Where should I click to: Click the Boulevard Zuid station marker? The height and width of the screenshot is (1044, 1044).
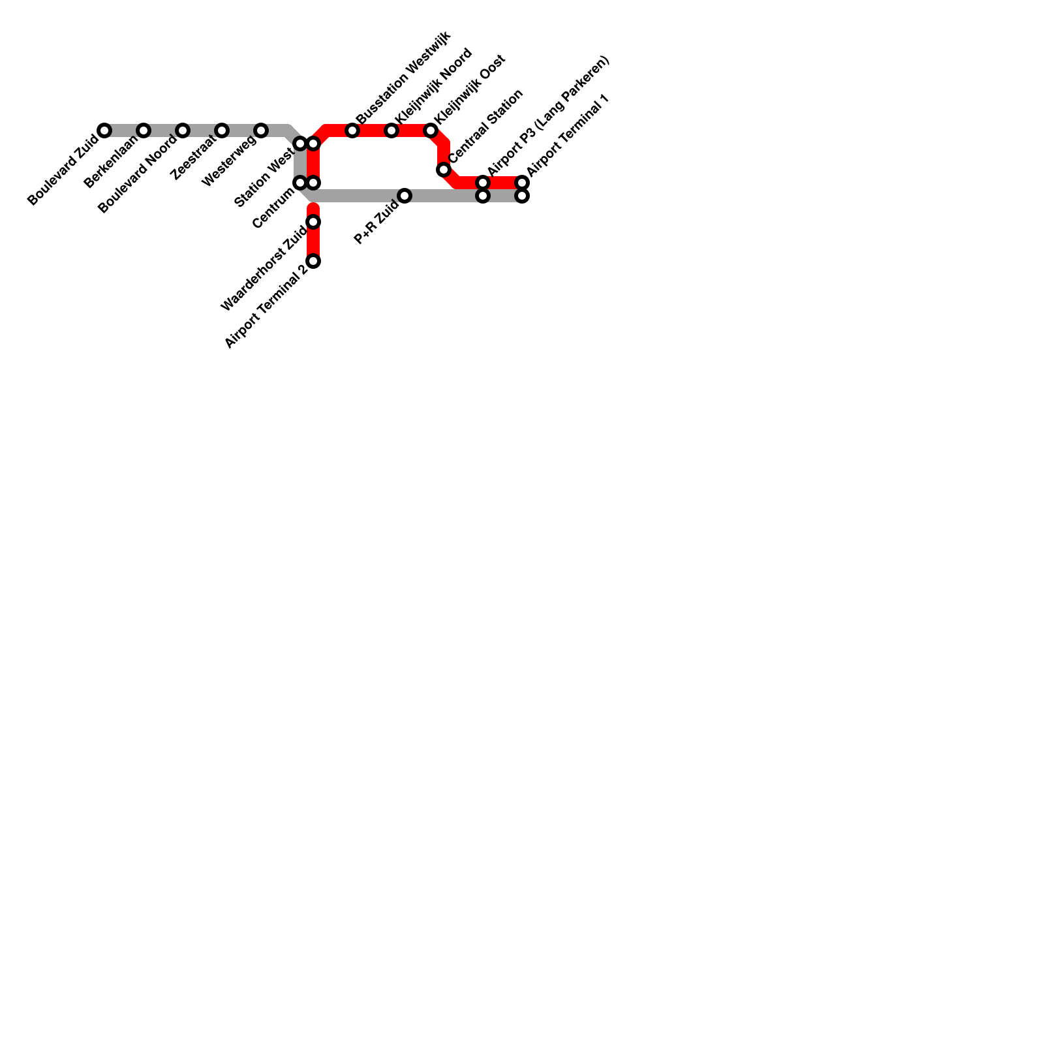104,130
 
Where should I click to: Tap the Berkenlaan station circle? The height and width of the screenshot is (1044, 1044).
144,130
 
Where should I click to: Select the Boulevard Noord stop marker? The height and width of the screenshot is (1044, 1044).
183,130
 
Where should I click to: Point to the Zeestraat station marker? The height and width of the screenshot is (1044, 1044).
222,130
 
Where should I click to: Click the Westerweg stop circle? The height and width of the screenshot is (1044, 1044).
261,130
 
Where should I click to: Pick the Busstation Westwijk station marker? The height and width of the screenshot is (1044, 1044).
352,130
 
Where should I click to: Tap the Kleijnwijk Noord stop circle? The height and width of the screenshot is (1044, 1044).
391,130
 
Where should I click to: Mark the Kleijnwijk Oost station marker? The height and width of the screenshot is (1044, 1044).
431,130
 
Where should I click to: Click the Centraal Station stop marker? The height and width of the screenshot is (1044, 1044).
444,170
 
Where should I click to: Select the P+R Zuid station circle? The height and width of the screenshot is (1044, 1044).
405,196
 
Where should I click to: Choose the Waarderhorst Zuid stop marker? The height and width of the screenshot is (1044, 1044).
313,222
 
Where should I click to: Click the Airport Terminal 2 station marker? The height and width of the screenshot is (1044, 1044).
313,261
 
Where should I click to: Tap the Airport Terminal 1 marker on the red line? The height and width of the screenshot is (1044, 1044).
522,183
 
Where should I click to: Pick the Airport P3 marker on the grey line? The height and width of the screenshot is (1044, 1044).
483,196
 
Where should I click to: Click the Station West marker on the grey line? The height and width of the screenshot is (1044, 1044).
300,144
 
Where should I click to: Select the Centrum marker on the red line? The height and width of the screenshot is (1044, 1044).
313,183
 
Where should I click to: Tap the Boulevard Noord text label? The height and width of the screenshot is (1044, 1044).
137,174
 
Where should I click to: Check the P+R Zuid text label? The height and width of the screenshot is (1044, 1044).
376,224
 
